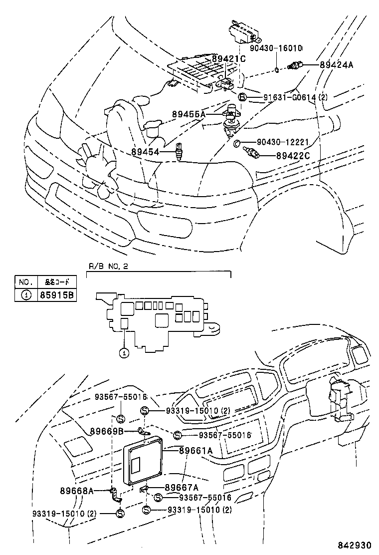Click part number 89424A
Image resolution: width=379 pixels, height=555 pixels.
pos(336,65)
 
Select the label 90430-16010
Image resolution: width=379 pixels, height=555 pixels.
pos(276,48)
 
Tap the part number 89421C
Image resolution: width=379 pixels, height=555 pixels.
pos(229,58)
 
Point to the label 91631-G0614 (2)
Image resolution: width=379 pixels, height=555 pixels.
pos(296,97)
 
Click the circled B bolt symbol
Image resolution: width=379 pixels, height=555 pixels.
pos(242,97)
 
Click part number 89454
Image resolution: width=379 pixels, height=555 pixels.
pos(146,151)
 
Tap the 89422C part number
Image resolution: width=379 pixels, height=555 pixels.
pos(293,156)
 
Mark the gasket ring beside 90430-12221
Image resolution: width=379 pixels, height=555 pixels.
pos(237,144)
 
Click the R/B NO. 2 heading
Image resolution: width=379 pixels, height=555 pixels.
pos(108,266)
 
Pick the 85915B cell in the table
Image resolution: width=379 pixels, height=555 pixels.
pos(56,295)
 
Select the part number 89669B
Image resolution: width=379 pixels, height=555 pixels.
pos(107,431)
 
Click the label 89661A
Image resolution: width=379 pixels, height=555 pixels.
pos(195,451)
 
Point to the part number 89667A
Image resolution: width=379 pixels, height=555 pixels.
pos(181,487)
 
